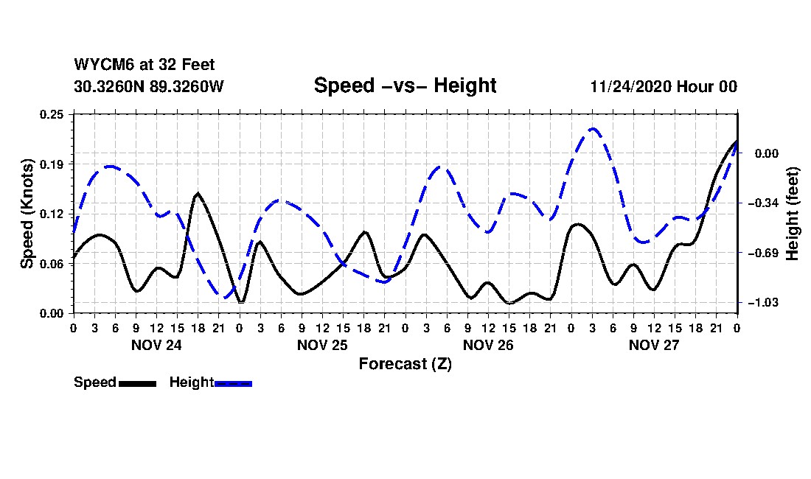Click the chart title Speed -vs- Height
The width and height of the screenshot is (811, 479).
pyautogui.click(x=405, y=85)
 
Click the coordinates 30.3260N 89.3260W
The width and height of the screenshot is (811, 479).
pyautogui.click(x=148, y=86)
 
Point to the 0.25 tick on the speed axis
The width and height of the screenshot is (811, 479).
pyautogui.click(x=53, y=114)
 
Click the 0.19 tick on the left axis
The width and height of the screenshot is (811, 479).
pyautogui.click(x=53, y=164)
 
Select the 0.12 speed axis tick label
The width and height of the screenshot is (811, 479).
pyautogui.click(x=53, y=214)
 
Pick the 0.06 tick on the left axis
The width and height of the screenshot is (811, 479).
pyautogui.click(x=53, y=263)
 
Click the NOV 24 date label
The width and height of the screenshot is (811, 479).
pyautogui.click(x=156, y=345)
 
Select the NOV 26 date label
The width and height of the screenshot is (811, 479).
pyautogui.click(x=488, y=345)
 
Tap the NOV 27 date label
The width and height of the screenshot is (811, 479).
pyautogui.click(x=654, y=345)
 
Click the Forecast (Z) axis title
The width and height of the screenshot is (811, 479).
pyautogui.click(x=405, y=363)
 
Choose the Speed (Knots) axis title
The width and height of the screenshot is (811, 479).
pyautogui.click(x=27, y=213)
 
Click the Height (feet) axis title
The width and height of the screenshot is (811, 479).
pyautogui.click(x=793, y=213)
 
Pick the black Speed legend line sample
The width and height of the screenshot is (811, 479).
pyautogui.click(x=136, y=383)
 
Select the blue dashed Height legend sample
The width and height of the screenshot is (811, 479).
pyautogui.click(x=233, y=383)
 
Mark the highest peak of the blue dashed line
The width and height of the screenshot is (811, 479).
pyautogui.click(x=592, y=129)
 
